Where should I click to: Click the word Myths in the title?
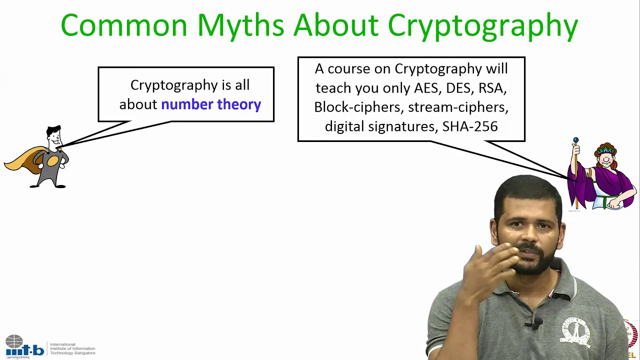pyautogui.click(x=241, y=26)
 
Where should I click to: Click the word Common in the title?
pyautogui.click(x=124, y=25)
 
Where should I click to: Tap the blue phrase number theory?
pyautogui.click(x=211, y=104)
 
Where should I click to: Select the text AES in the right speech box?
pyautogui.click(x=426, y=88)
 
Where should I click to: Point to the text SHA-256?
pyautogui.click(x=470, y=126)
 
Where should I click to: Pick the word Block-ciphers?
pyautogui.click(x=358, y=107)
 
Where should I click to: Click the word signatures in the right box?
pyautogui.click(x=403, y=127)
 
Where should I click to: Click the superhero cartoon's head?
pyautogui.click(x=54, y=137)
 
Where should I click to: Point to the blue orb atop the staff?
pyautogui.click(x=576, y=139)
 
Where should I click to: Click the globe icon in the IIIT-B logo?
pyautogui.click(x=14, y=341)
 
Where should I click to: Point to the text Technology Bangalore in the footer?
pyautogui.click(x=72, y=353)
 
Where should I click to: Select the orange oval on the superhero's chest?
pyautogui.click(x=53, y=161)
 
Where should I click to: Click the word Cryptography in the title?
pyautogui.click(x=483, y=26)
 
